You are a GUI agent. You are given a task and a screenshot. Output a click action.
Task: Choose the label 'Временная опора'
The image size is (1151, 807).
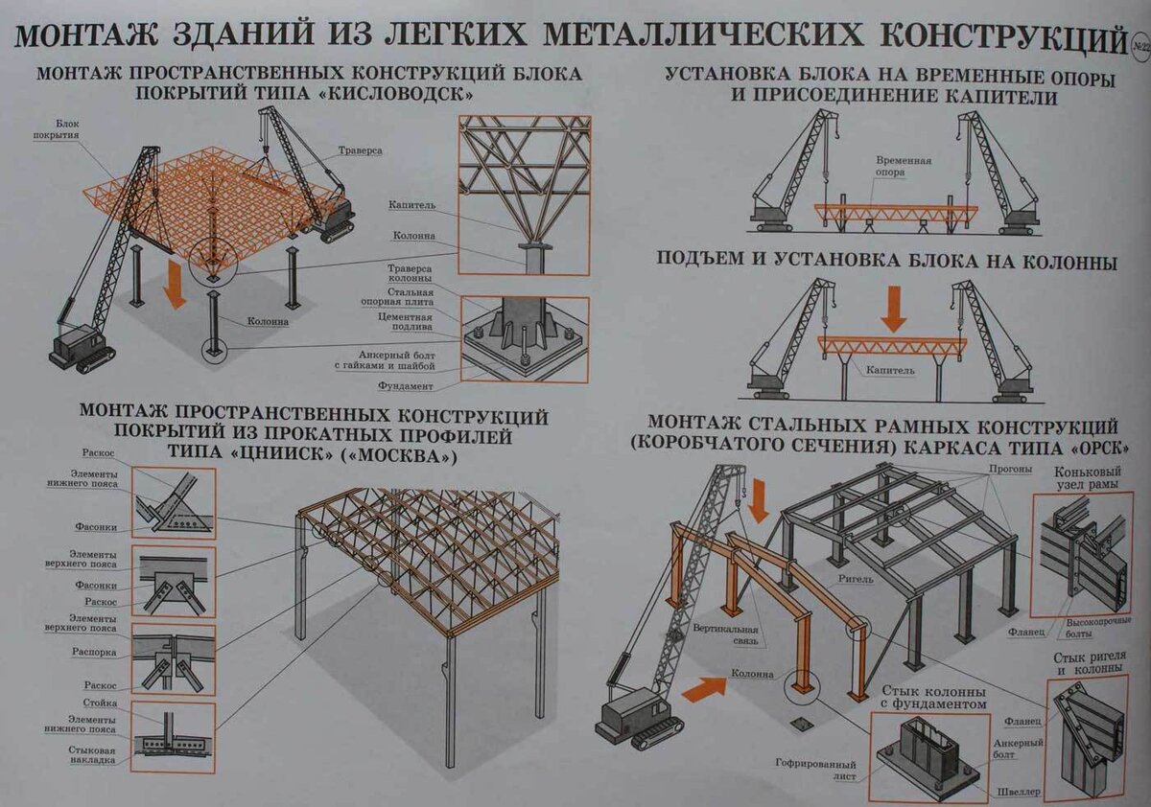click(x=903, y=168)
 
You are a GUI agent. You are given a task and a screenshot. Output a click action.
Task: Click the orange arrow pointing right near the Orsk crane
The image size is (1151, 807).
click(x=704, y=687)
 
